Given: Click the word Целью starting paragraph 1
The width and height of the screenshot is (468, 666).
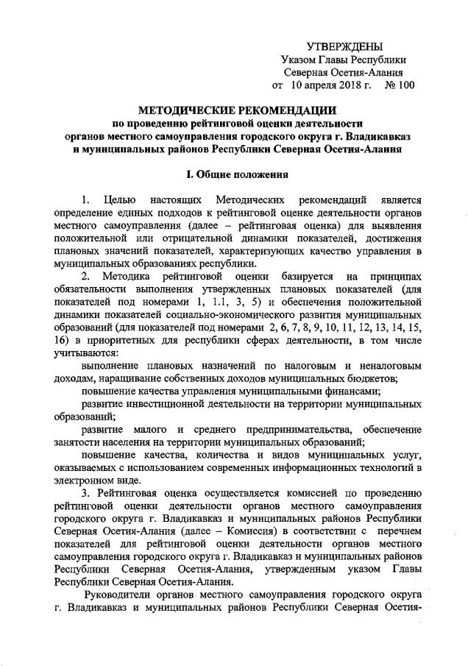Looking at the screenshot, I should (118, 200).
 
